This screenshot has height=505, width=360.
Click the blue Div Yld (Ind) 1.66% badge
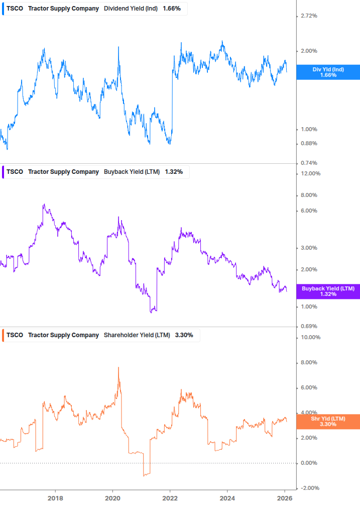[x=328, y=72]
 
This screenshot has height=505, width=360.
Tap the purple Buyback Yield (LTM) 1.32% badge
[x=328, y=291]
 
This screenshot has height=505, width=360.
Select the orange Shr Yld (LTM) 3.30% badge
[x=328, y=421]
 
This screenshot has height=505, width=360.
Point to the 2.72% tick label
[x=308, y=16]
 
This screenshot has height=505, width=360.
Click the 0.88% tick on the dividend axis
[x=308, y=143]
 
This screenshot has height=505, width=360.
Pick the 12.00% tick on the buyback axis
[x=310, y=174]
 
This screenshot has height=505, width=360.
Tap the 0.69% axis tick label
[x=308, y=327]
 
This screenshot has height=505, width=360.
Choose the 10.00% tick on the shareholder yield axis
[x=310, y=338]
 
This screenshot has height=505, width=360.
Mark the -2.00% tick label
[x=309, y=488]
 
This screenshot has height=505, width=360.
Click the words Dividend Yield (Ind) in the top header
[x=131, y=9]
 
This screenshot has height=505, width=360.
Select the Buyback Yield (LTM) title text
[x=132, y=172]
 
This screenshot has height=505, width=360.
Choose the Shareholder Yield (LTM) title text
[x=137, y=335]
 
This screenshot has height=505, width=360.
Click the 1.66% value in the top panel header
[x=172, y=9]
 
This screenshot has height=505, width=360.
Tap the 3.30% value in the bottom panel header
[x=184, y=335]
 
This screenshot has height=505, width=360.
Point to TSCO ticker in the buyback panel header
[x=15, y=172]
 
